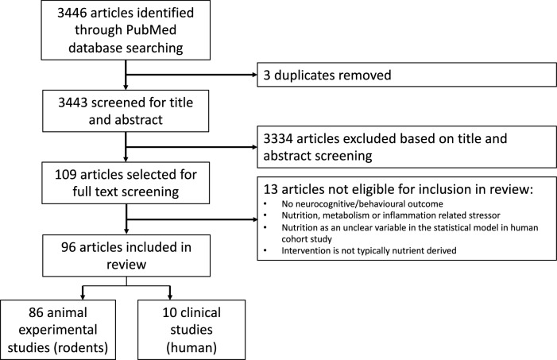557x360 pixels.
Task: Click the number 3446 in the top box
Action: click(72, 13)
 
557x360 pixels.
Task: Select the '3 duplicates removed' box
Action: click(407, 75)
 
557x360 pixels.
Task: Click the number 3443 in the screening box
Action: click(73, 103)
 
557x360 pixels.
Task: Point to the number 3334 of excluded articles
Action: click(278, 138)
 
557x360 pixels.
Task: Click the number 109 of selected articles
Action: click(66, 175)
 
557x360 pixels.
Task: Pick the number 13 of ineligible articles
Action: click(271, 189)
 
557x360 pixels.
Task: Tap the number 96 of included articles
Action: click(68, 247)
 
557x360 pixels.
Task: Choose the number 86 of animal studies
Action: click(36, 313)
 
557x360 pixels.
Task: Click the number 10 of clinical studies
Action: click(169, 313)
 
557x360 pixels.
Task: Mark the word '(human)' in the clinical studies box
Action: click(191, 347)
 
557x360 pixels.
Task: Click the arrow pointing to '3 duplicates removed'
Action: click(191, 75)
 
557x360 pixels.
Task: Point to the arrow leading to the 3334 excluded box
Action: click(191, 147)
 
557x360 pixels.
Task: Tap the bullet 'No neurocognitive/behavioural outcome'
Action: click(362, 204)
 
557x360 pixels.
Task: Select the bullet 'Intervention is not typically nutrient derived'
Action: click(369, 250)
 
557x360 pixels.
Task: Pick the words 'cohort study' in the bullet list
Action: click(307, 239)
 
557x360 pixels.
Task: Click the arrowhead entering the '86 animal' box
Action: click(83, 296)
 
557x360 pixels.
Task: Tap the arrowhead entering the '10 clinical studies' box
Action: click(170, 296)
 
